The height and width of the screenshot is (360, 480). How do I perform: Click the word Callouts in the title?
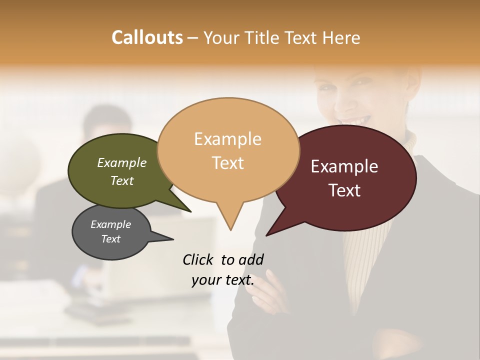coord(147,37)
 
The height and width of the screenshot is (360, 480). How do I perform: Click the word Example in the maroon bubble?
coord(344,166)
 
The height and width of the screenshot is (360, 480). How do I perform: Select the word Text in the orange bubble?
coord(228,163)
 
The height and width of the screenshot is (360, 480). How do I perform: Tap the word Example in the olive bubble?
coord(122,162)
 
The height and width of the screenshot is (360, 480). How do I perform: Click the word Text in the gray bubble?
coord(111,239)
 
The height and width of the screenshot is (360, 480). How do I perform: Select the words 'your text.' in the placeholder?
coord(223,280)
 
